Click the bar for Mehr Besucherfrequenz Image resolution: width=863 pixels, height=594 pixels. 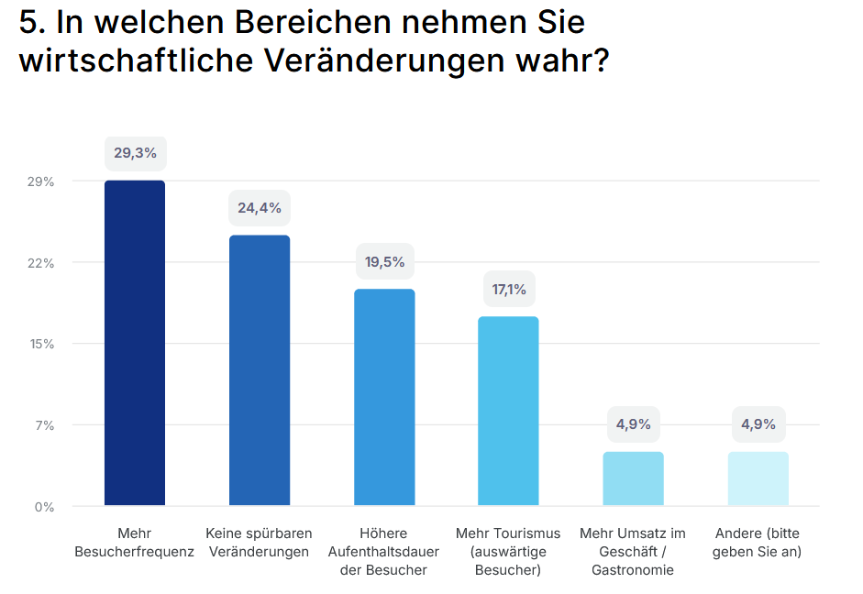click(135, 343)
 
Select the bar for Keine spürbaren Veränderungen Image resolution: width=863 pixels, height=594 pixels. click(260, 370)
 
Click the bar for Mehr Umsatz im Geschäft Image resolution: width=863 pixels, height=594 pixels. click(633, 478)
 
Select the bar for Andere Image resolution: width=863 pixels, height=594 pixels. click(758, 478)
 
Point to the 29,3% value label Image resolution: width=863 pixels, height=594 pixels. click(135, 153)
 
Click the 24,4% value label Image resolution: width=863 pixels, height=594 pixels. click(260, 208)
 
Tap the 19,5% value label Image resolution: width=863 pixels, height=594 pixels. click(384, 262)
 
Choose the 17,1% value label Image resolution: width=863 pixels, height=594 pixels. click(509, 290)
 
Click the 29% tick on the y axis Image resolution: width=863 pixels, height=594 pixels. click(40, 181)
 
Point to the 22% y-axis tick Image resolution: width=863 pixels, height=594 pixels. click(40, 263)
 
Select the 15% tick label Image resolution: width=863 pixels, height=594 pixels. click(40, 344)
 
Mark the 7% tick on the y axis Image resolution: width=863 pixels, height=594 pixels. click(44, 425)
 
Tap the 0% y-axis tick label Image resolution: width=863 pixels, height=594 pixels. click(44, 506)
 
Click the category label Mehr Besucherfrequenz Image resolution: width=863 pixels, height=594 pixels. click(135, 543)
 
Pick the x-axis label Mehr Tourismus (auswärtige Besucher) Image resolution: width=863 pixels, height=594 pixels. click(508, 552)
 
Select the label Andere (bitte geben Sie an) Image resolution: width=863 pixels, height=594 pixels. click(758, 543)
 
